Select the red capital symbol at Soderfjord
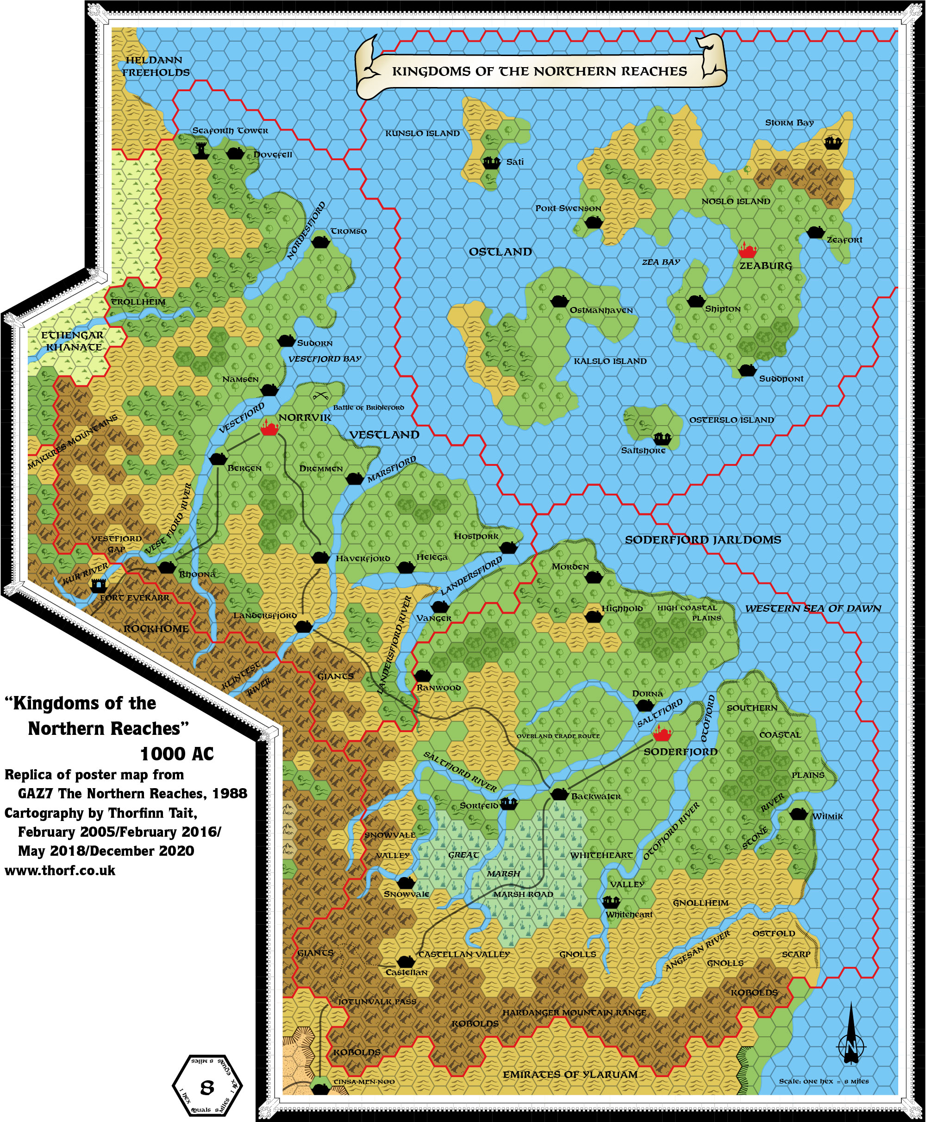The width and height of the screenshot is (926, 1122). click(662, 733)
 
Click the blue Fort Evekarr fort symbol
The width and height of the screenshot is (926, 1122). click(98, 586)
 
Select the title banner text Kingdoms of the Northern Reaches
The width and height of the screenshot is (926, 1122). click(539, 71)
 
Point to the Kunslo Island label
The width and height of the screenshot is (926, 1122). click(422, 133)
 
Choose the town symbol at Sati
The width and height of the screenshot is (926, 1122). click(491, 162)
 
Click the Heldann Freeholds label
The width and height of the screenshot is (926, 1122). click(155, 66)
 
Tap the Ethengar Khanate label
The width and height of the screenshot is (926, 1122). click(73, 341)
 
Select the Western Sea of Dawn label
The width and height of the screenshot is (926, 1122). click(813, 608)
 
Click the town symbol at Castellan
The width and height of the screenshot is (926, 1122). click(406, 961)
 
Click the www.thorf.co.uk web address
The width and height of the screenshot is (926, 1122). click(60, 871)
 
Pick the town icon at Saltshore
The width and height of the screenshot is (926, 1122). click(663, 439)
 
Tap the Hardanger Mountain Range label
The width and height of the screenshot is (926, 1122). click(574, 1012)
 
